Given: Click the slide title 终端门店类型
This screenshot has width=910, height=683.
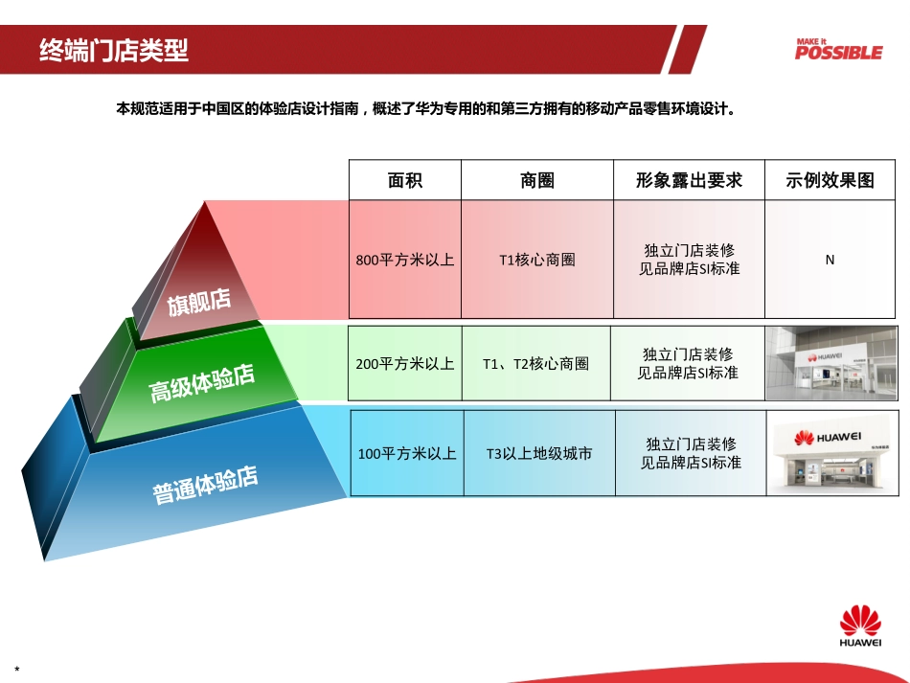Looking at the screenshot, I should pyautogui.click(x=114, y=50).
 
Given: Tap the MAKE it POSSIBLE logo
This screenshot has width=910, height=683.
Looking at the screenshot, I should pyautogui.click(x=837, y=49).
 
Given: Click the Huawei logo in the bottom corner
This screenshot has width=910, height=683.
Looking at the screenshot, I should pyautogui.click(x=860, y=627).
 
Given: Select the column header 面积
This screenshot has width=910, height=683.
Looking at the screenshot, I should pyautogui.click(x=404, y=180).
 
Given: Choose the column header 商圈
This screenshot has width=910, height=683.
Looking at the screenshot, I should pyautogui.click(x=537, y=180).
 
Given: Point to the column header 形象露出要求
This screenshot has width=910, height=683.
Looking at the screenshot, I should pyautogui.click(x=689, y=180).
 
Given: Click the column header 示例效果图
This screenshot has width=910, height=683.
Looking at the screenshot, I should pyautogui.click(x=830, y=180).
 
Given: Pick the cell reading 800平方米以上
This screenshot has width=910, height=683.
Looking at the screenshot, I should pyautogui.click(x=404, y=260).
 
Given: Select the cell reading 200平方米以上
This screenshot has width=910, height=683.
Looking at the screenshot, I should pyautogui.click(x=404, y=363).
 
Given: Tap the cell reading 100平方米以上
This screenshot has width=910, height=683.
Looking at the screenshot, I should pyautogui.click(x=407, y=453).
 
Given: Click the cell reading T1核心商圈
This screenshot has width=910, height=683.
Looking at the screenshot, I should pyautogui.click(x=537, y=260).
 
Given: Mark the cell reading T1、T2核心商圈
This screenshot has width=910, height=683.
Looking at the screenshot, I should pyautogui.click(x=536, y=363).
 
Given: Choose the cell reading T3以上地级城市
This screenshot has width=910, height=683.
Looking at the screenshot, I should pyautogui.click(x=539, y=453).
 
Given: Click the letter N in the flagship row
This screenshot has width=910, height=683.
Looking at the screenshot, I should pyautogui.click(x=830, y=260).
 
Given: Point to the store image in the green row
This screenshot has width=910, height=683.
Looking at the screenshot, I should pyautogui.click(x=831, y=363).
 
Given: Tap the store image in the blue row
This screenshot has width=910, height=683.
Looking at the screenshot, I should pyautogui.click(x=832, y=453).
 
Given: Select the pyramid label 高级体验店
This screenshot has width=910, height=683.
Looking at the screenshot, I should pyautogui.click(x=202, y=382).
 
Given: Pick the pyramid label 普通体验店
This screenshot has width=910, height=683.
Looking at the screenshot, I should pyautogui.click(x=206, y=484).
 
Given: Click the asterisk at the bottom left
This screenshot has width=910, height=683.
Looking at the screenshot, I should pyautogui.click(x=17, y=669).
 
